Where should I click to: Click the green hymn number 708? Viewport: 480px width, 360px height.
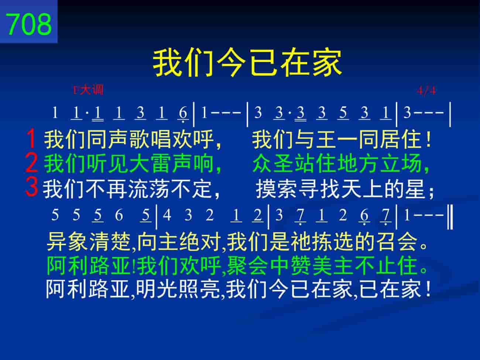[29, 24]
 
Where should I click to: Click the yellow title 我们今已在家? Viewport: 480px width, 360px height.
[247, 62]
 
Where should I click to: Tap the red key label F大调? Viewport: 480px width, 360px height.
[88, 90]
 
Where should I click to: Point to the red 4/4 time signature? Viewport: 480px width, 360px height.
[426, 90]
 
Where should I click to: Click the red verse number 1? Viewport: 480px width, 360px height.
[31, 138]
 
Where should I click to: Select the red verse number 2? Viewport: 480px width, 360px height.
[31, 162]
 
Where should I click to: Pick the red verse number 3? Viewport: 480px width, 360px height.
[31, 187]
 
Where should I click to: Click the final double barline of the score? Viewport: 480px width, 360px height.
[450, 217]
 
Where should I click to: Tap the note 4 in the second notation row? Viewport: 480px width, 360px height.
[167, 215]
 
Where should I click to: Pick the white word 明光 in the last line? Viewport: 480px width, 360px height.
[156, 289]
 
